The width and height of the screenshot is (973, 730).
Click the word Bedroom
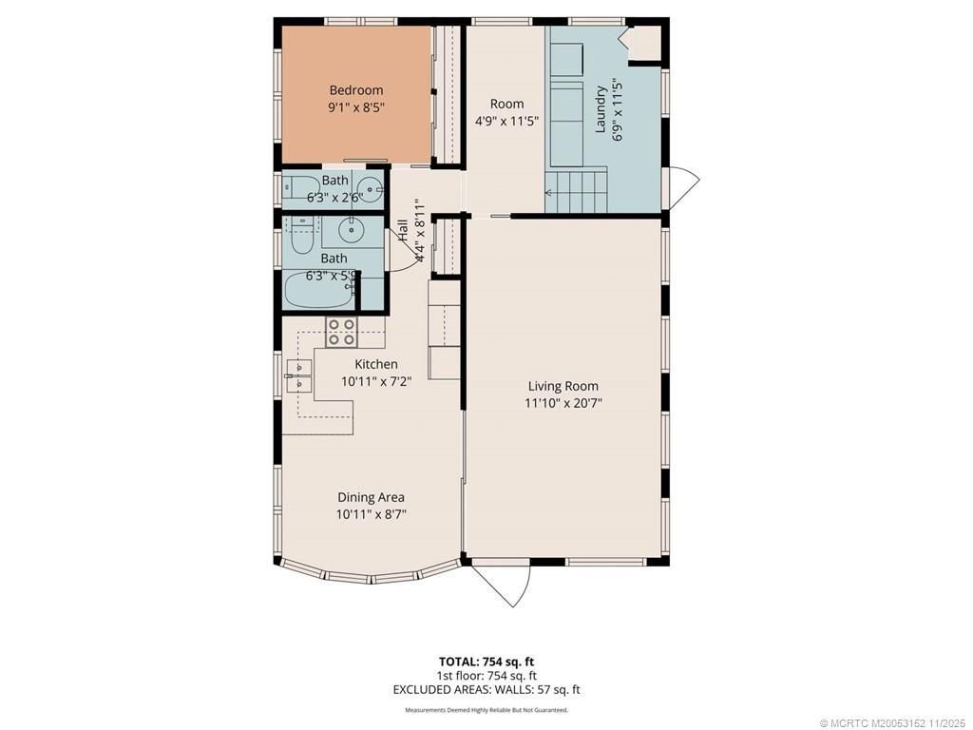(356, 90)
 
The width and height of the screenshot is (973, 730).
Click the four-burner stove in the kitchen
(342, 332)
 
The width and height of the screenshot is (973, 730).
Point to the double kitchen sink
(299, 375)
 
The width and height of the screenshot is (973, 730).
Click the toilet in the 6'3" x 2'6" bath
(303, 187)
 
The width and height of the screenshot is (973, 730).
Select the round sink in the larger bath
(353, 228)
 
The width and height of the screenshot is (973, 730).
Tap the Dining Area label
(371, 497)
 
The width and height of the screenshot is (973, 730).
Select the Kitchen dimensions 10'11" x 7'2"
(376, 381)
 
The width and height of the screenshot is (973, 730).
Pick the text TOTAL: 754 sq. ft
(492, 662)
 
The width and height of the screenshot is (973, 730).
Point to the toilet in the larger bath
(301, 238)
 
